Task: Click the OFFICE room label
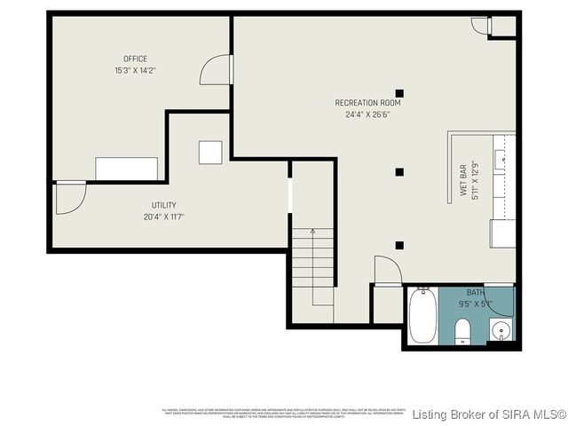(x=136, y=59)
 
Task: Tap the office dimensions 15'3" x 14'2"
(x=136, y=70)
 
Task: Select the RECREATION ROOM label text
(x=368, y=103)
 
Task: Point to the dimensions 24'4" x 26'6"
(x=368, y=114)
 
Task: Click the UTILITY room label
(x=163, y=205)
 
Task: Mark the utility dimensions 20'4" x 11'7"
(x=163, y=217)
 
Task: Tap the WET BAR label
(x=463, y=179)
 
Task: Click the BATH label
(x=476, y=292)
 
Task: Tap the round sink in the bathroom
(x=501, y=332)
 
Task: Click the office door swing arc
(x=216, y=70)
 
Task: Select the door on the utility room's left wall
(x=69, y=198)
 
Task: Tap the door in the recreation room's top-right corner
(x=480, y=25)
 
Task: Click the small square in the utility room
(x=210, y=152)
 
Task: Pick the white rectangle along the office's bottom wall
(x=126, y=169)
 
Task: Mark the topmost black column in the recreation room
(x=399, y=92)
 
